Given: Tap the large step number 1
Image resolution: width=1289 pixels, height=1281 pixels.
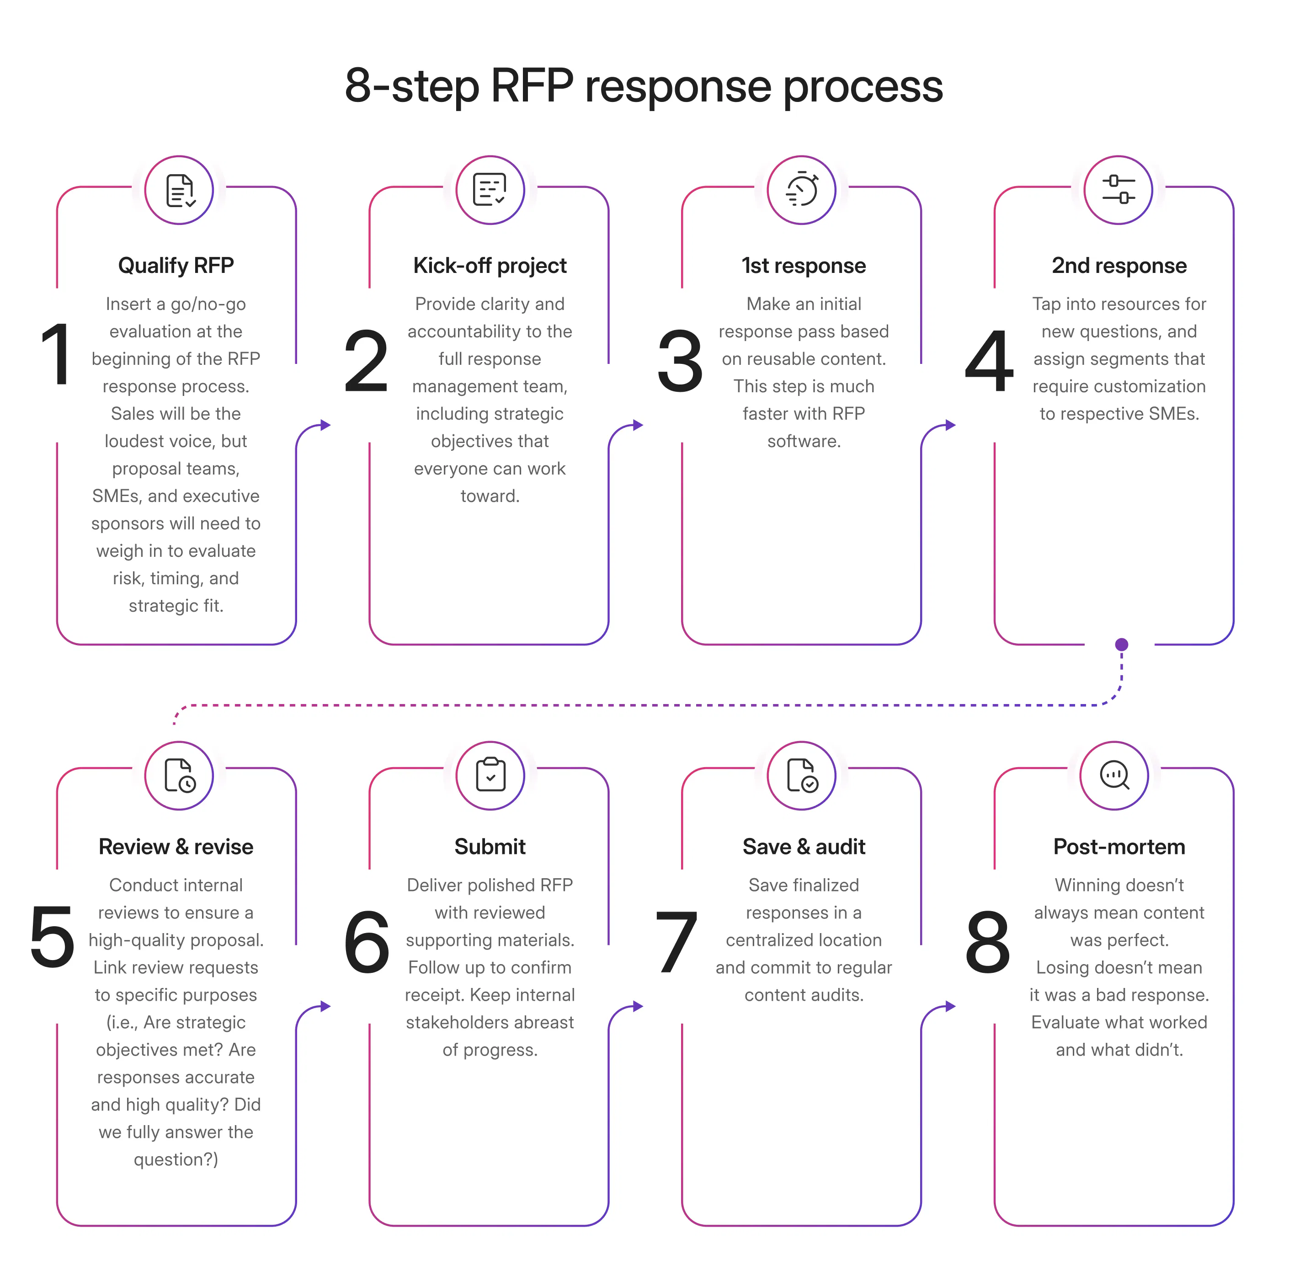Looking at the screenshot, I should [x=56, y=353].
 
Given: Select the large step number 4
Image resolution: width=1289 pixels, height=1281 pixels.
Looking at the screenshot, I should [x=990, y=361].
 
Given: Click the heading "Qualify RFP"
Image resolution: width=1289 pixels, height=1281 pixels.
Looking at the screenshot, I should [x=176, y=266].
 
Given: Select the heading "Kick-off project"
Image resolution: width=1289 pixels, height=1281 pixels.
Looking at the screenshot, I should [x=489, y=266].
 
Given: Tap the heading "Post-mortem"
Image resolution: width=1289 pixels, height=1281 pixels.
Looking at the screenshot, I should [x=1119, y=847].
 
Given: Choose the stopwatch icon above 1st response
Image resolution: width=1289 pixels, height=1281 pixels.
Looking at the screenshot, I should [x=801, y=190].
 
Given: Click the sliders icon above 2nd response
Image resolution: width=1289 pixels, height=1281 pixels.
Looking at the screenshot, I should [x=1118, y=190].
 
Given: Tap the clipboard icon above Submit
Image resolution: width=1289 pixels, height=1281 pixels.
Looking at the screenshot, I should [x=490, y=775].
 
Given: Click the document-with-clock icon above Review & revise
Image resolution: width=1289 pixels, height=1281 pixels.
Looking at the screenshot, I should [x=179, y=775].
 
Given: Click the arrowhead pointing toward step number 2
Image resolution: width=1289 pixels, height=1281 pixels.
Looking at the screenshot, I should [x=325, y=425].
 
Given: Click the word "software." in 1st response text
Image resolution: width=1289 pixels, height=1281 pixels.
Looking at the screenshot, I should [x=803, y=441].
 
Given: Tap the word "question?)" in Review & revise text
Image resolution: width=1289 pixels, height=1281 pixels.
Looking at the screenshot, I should [x=176, y=1159].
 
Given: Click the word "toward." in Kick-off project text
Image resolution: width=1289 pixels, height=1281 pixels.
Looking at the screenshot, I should [x=490, y=496].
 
